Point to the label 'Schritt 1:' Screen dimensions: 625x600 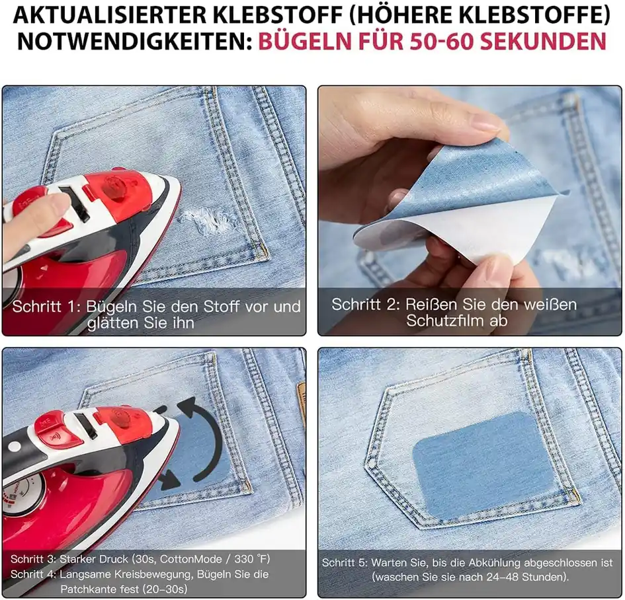(x=47, y=307)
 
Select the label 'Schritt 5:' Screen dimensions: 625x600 (x=345, y=562)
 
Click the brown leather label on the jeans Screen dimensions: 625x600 (x=301, y=394)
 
